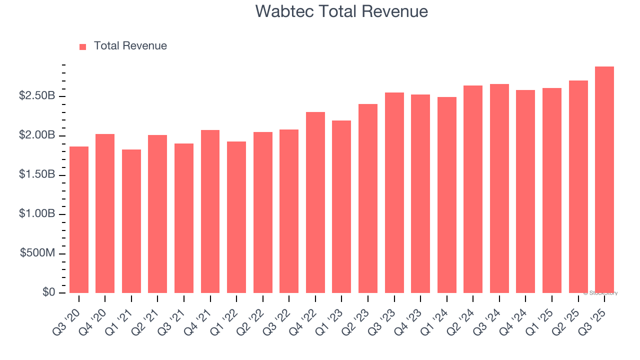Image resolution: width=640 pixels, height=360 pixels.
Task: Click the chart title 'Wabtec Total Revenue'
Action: (341, 11)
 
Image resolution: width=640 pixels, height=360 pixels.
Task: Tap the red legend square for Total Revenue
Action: (83, 46)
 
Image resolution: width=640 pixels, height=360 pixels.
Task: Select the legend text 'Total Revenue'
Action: (130, 46)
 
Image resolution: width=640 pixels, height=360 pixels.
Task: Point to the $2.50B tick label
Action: (37, 96)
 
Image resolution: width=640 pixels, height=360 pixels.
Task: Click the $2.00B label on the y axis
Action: (37, 135)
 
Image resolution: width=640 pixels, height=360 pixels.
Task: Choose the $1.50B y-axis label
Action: (37, 174)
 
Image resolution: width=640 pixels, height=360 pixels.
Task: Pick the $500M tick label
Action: (37, 253)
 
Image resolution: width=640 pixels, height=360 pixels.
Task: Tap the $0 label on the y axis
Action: (48, 292)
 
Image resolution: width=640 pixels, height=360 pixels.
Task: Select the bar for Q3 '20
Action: (79, 220)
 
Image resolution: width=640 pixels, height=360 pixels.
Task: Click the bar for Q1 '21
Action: (131, 221)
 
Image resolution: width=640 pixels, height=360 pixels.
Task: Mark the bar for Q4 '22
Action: (315, 202)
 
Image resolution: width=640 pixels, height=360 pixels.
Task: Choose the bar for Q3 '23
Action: (394, 193)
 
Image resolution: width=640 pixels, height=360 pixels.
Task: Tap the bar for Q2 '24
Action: (473, 189)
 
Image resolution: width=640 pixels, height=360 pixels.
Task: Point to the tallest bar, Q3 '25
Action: (604, 180)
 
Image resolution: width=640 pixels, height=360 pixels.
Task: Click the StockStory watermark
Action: (600, 293)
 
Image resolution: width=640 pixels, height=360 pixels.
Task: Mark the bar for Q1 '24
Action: (447, 195)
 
